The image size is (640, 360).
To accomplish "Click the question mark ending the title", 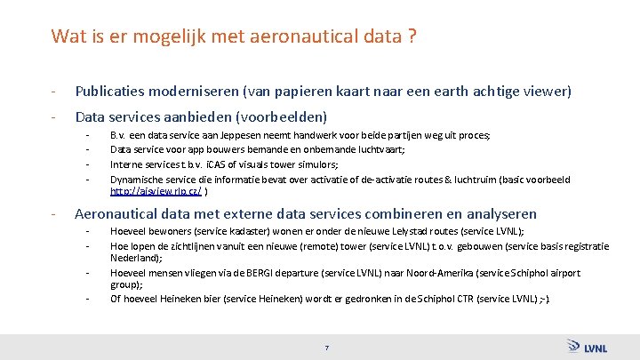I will point(415,36).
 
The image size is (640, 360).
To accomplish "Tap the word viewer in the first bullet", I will point(546,92).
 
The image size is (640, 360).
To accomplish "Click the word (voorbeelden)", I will point(286,116).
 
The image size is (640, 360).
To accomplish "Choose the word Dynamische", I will point(135,178).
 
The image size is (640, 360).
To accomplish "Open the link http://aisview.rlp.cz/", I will point(156,191).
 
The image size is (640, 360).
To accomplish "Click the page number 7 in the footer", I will point(327,347).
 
